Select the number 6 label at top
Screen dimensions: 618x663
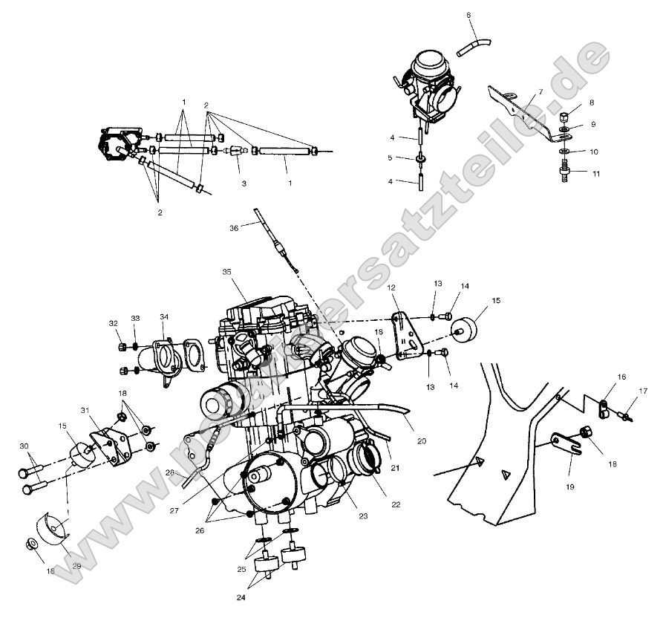pyautogui.click(x=468, y=15)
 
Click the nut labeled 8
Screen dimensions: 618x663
pyautogui.click(x=564, y=118)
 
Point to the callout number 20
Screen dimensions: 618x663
pyautogui.click(x=422, y=440)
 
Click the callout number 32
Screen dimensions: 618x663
pyautogui.click(x=113, y=323)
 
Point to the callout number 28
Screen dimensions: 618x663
pyautogui.click(x=170, y=472)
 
